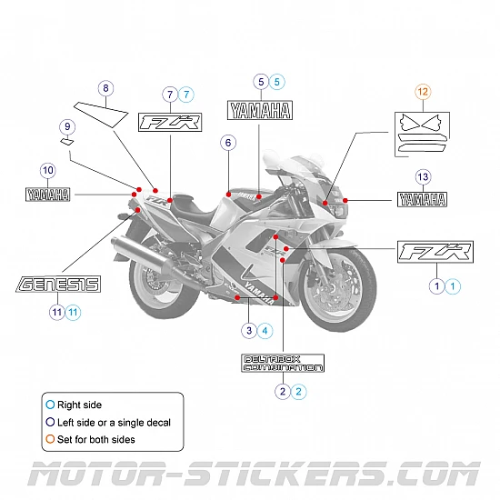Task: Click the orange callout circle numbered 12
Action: click(423, 91)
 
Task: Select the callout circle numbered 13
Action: click(422, 176)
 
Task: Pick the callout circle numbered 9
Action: click(67, 125)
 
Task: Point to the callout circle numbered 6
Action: click(227, 143)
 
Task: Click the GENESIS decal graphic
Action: click(58, 285)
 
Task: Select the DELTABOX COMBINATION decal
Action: click(283, 364)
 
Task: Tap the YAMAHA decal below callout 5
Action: click(259, 111)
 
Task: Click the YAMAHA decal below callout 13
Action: click(422, 199)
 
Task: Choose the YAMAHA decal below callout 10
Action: click(47, 193)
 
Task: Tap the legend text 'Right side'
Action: click(79, 405)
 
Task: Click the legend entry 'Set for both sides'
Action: click(95, 439)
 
